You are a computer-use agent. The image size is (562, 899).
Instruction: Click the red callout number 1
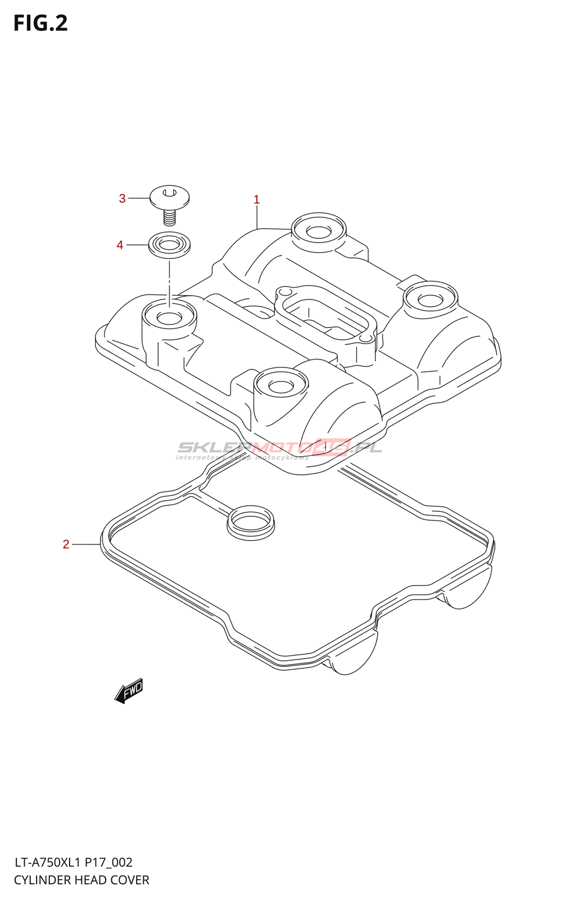[257, 199]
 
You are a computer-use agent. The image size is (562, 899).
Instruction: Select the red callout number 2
[66, 544]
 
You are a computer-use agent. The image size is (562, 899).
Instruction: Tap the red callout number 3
[123, 198]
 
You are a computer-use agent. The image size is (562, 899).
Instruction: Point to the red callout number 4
[120, 245]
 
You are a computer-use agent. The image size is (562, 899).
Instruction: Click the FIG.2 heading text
[40, 23]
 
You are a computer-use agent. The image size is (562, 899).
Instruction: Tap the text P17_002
[109, 862]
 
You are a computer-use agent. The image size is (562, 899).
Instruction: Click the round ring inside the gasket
[251, 523]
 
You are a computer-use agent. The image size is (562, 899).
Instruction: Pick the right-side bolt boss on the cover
[430, 298]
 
